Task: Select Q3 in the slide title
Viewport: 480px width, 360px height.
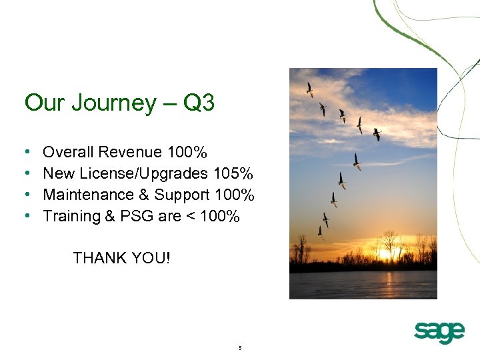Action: pyautogui.click(x=198, y=103)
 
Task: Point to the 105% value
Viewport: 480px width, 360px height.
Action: pyautogui.click(x=233, y=174)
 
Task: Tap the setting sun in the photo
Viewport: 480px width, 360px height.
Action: pyautogui.click(x=385, y=254)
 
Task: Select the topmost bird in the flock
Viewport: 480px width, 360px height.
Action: pyautogui.click(x=309, y=89)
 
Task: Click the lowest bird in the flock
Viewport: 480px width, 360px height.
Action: pyautogui.click(x=321, y=232)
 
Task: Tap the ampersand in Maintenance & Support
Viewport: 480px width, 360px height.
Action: pyautogui.click(x=143, y=195)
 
